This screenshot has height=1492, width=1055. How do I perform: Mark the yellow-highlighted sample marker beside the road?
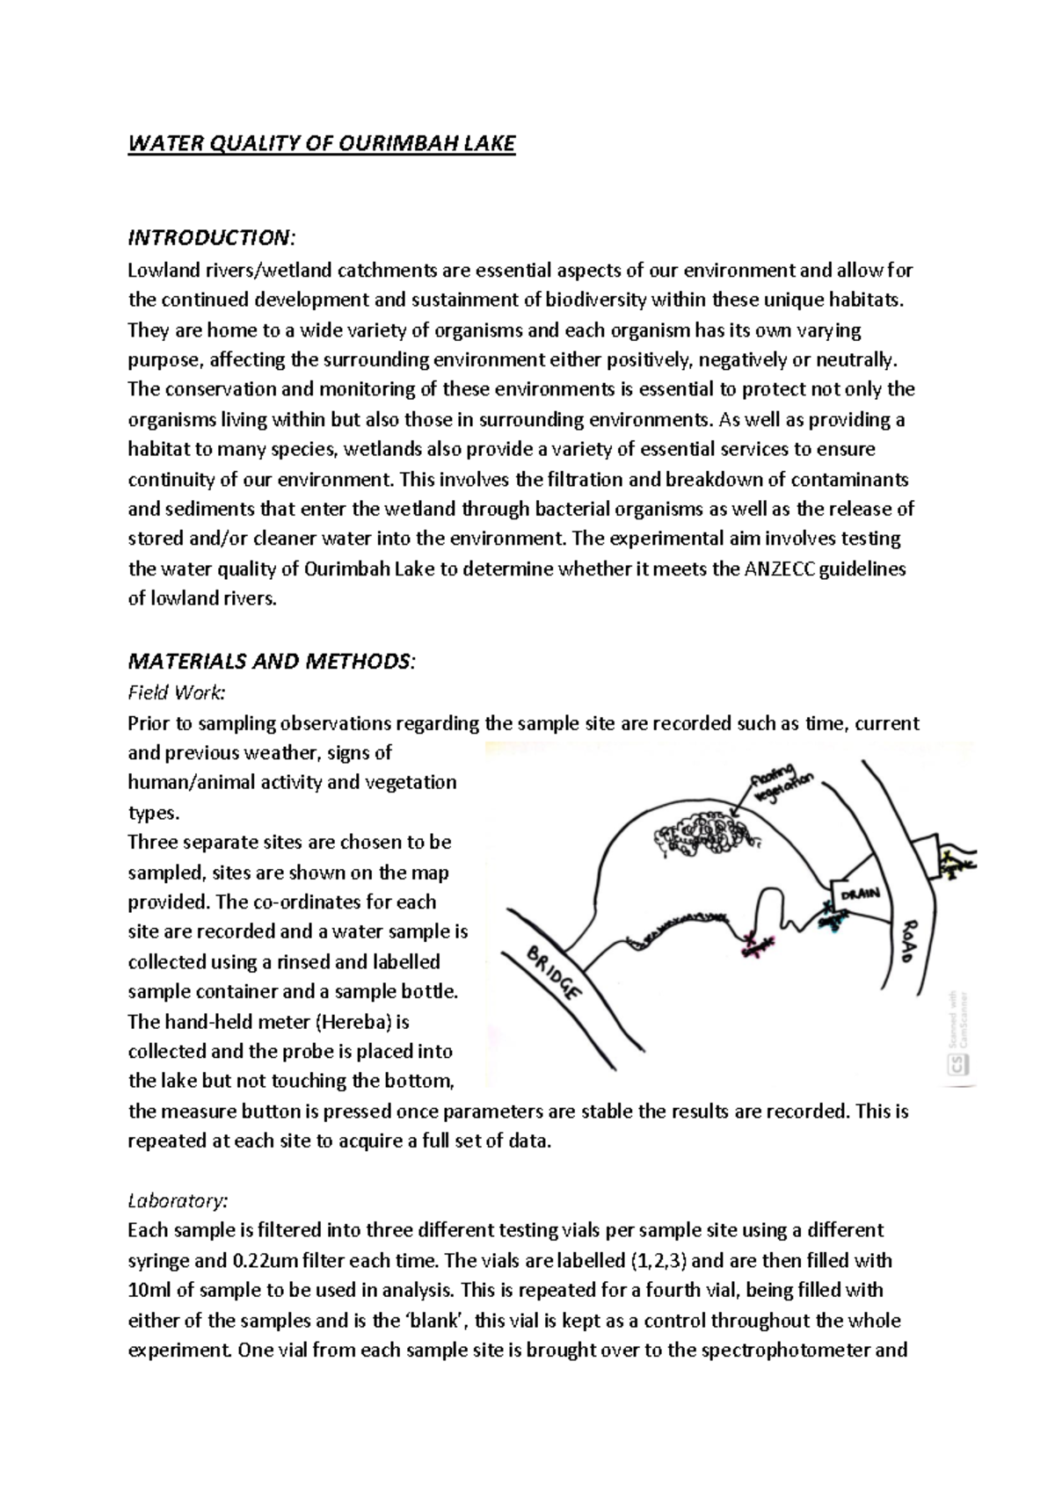click(x=954, y=862)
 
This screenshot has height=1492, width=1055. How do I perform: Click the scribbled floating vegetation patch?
click(x=702, y=834)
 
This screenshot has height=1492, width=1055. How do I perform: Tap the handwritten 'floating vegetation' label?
click(x=782, y=779)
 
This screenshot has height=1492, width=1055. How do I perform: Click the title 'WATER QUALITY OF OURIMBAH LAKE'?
click(x=322, y=143)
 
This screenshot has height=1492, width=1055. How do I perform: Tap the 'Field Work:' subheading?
click(x=177, y=692)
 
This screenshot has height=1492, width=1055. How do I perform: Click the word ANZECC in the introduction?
click(x=781, y=569)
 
